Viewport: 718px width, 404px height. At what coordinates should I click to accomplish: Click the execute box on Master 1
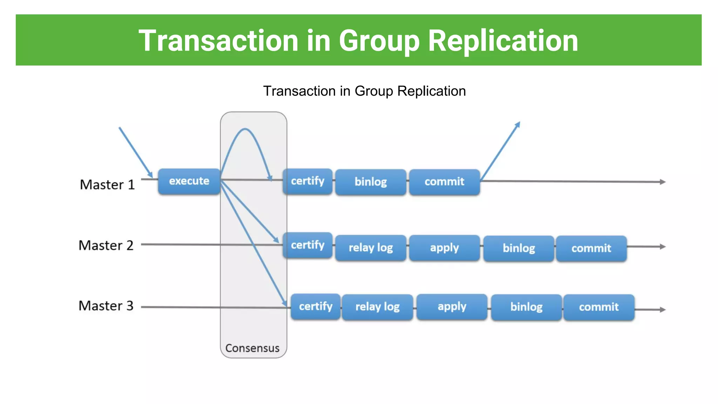click(x=189, y=181)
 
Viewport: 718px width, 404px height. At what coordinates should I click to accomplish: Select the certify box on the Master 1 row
click(x=307, y=181)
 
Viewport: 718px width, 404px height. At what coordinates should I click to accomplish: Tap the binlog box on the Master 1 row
click(x=371, y=182)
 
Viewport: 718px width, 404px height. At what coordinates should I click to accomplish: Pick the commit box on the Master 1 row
click(x=444, y=182)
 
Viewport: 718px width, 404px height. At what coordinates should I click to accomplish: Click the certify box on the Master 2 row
click(x=307, y=245)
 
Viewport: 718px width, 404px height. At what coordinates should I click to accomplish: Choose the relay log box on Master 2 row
click(x=371, y=248)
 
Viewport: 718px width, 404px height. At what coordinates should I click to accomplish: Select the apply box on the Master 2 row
click(x=444, y=248)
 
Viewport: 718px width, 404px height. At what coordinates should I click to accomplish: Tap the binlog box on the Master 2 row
click(x=519, y=248)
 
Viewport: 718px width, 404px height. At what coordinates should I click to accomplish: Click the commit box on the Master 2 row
click(x=591, y=248)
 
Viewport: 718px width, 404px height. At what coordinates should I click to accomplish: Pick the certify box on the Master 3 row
click(x=316, y=307)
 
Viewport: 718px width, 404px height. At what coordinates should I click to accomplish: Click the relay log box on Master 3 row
click(x=377, y=307)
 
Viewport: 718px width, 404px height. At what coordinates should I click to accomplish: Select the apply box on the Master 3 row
click(x=452, y=307)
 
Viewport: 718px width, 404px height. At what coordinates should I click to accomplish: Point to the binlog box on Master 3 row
click(x=526, y=307)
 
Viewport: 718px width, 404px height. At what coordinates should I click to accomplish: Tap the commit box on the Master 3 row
click(x=599, y=307)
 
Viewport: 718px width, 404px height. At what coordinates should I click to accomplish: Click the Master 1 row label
click(x=107, y=185)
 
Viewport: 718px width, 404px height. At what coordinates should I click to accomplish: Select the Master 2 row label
click(x=106, y=245)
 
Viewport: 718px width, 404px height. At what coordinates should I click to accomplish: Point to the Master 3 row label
click(x=106, y=306)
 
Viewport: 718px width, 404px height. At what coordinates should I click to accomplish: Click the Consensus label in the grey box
click(x=252, y=348)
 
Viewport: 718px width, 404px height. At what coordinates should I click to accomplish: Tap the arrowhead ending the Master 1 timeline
click(x=662, y=182)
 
